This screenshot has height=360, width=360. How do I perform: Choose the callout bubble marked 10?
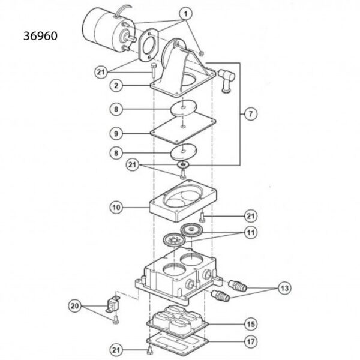pos(118,207)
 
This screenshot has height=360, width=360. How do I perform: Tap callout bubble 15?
pos(248,325)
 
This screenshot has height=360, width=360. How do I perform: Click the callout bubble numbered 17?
pos(248,343)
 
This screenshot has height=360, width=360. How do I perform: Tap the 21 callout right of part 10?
pos(248,215)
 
